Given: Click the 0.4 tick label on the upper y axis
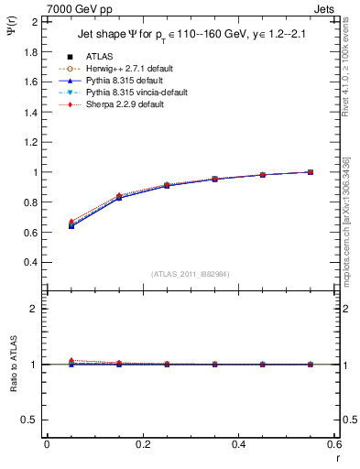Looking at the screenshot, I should click(x=31, y=262).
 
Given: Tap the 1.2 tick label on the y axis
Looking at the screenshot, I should click(x=31, y=142).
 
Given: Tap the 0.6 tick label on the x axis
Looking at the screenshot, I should click(x=333, y=445).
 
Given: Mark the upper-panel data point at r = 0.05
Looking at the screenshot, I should click(x=71, y=224).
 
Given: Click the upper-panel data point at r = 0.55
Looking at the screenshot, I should click(x=310, y=172).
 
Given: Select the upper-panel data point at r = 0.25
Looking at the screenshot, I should click(x=167, y=186).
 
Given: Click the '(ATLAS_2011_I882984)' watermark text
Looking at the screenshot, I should click(x=190, y=274).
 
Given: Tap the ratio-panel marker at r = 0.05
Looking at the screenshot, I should click(x=71, y=363).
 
